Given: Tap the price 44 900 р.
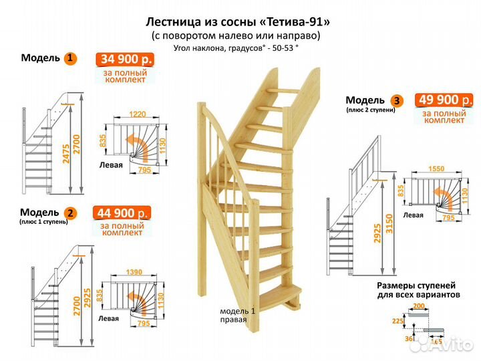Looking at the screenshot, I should click(x=121, y=214).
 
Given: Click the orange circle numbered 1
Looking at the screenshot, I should click(x=69, y=58).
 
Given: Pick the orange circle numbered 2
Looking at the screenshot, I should click(x=71, y=213).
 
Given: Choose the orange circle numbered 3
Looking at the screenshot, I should click(x=398, y=101).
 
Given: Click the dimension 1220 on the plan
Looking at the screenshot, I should click(x=138, y=114).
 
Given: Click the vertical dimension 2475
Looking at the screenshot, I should click(x=65, y=154).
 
